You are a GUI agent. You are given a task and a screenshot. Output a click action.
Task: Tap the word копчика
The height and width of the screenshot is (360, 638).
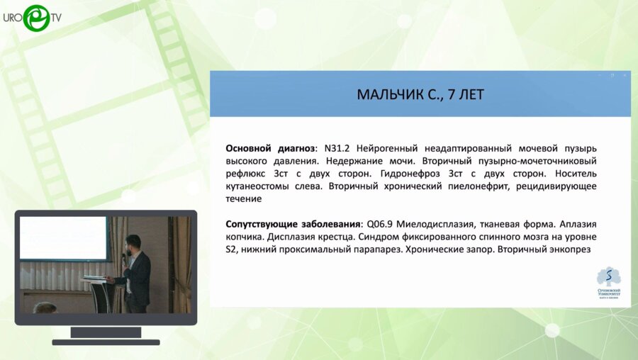click(x=244, y=237)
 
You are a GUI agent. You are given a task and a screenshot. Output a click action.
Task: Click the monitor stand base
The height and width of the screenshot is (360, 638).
click(x=106, y=341)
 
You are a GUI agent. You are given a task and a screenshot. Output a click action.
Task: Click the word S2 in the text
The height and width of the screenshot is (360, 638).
click(x=232, y=250)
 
